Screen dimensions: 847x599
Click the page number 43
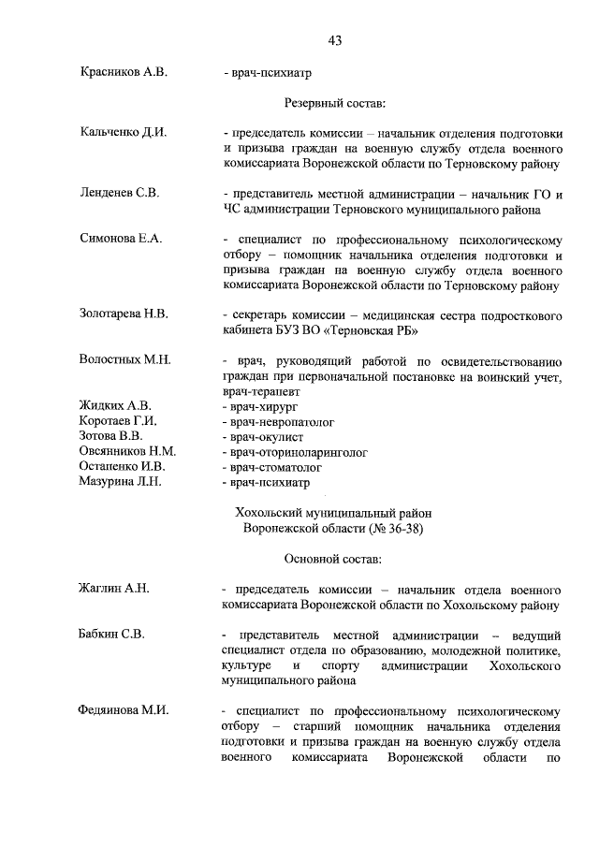(334, 39)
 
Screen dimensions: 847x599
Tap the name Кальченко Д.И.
(123, 132)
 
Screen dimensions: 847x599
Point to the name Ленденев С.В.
(120, 193)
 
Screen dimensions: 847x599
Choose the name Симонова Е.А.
(122, 239)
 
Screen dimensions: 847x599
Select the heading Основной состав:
(333, 559)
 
